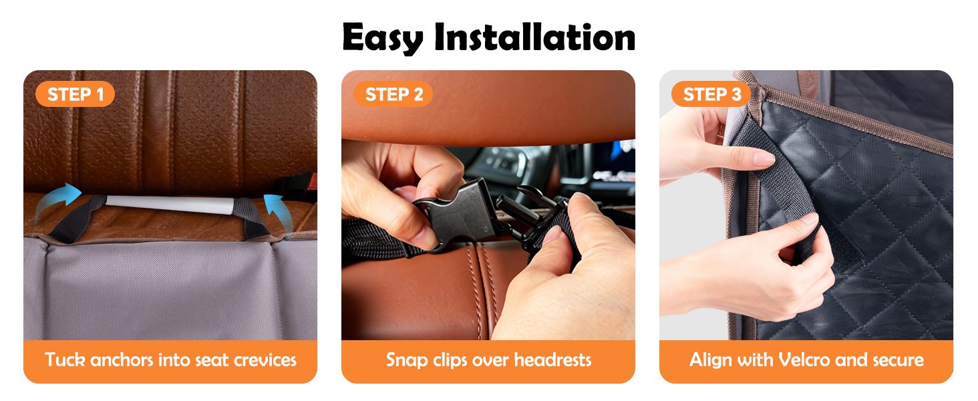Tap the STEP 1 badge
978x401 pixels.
point(75,94)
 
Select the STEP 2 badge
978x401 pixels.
point(393,94)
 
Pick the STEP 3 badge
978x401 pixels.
point(711,94)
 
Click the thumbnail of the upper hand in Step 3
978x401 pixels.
point(764,159)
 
